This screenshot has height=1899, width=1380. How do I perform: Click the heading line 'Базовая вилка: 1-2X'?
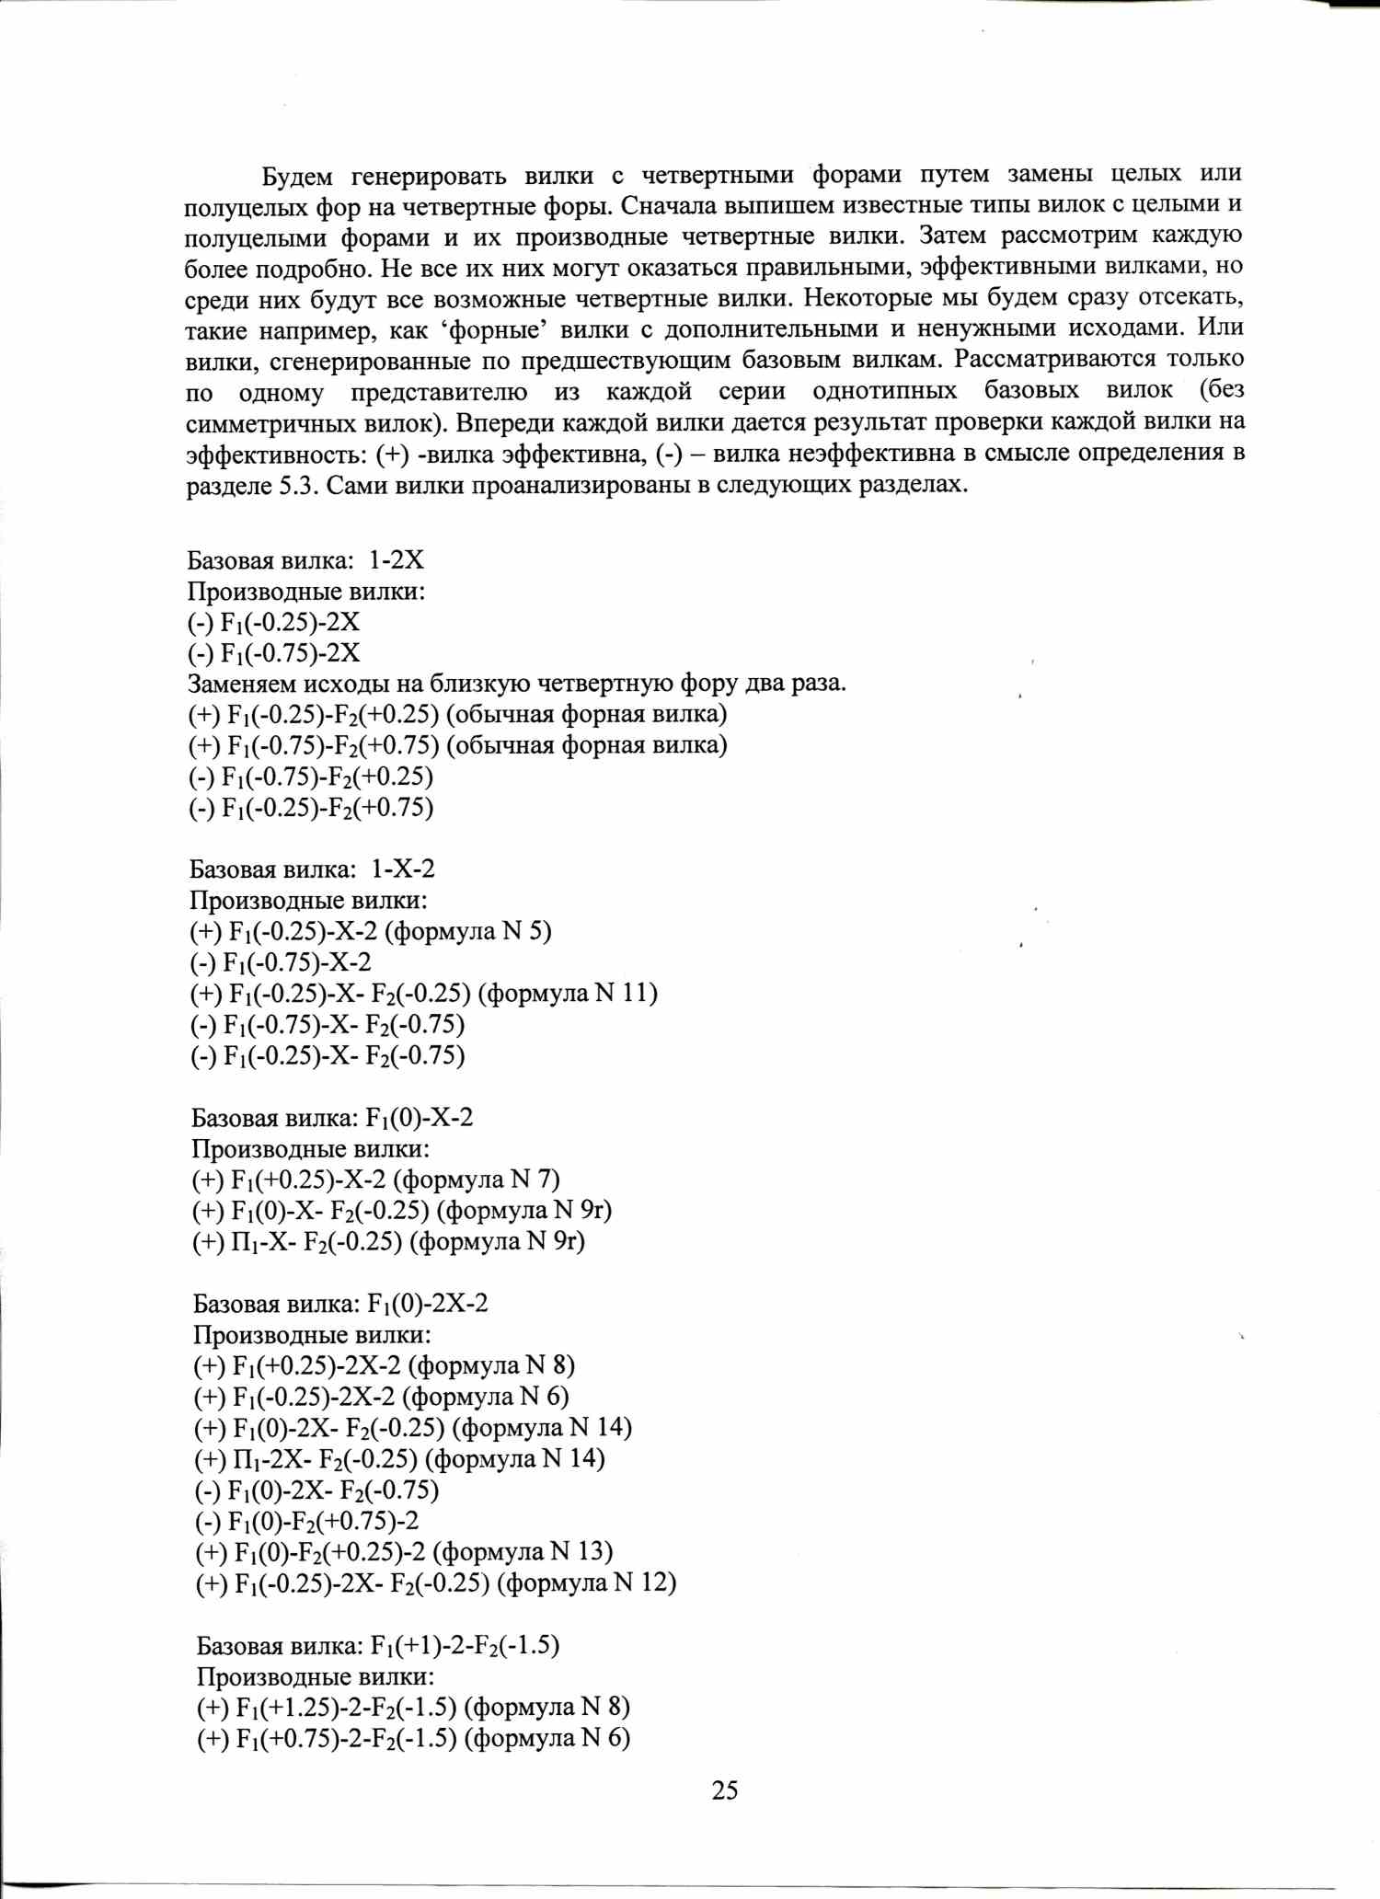[305, 560]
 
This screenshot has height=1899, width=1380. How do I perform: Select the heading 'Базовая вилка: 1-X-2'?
[312, 869]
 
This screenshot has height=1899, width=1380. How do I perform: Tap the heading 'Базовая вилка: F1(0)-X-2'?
[332, 1118]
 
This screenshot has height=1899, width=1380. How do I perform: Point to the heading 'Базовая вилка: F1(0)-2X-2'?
[340, 1304]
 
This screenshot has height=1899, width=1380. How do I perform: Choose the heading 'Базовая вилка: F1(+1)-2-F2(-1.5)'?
[378, 1645]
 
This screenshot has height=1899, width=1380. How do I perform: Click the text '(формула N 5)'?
[468, 931]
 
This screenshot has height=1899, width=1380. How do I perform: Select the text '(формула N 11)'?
[571, 994]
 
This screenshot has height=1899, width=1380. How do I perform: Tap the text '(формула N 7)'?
[482, 1180]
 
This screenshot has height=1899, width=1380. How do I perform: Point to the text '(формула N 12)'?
[592, 1583]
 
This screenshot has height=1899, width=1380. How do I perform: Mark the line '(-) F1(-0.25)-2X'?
[274, 623]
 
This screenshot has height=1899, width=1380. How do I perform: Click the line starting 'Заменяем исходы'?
[516, 684]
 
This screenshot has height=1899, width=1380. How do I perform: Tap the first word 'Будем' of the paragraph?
[297, 175]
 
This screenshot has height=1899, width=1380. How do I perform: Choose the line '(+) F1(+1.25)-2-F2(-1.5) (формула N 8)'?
[413, 1708]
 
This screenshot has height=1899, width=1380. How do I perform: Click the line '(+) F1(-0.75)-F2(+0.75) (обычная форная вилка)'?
[458, 745]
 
